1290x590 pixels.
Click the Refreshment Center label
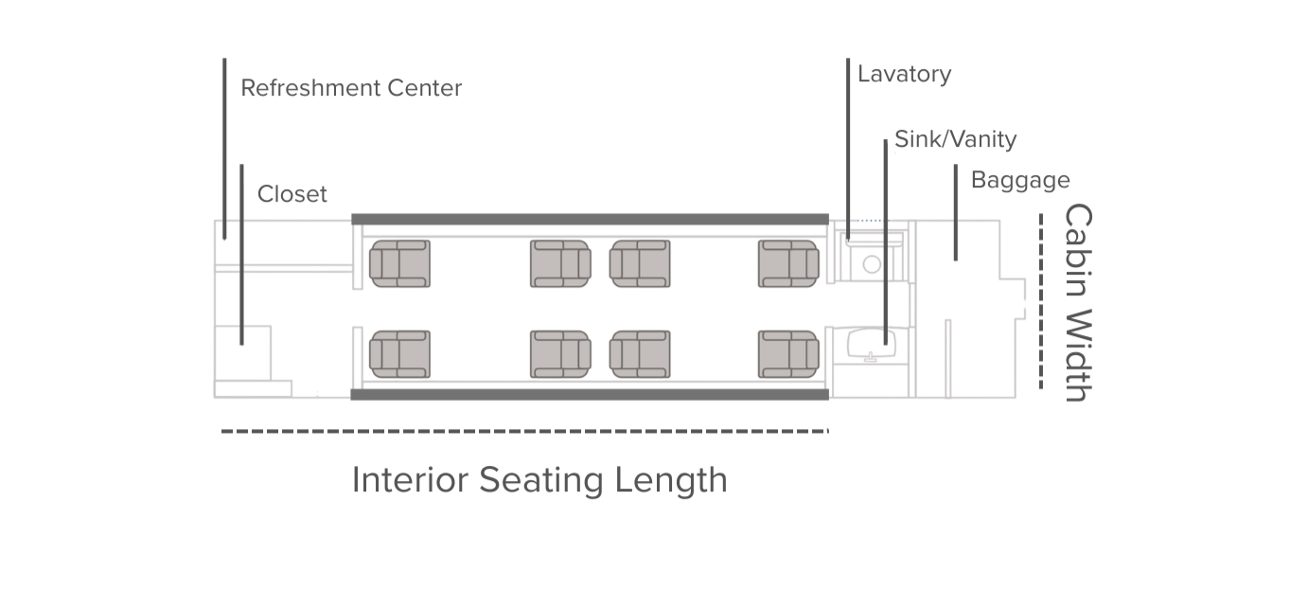point(351,88)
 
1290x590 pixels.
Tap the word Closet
point(292,194)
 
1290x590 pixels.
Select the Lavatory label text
point(904,74)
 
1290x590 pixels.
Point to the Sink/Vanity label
point(955,139)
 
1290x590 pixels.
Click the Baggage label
point(1020,180)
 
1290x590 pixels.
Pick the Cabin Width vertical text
point(1077,302)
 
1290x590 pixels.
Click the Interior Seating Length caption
point(539,479)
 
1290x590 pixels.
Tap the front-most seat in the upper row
point(399,263)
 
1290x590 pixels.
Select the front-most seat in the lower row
point(399,354)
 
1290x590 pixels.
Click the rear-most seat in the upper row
point(788,263)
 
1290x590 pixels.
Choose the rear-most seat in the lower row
point(788,354)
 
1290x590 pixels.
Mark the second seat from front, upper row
point(560,263)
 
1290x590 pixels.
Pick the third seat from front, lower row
point(640,354)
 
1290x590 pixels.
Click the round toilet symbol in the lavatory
point(872,264)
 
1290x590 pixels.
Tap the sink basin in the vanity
point(870,342)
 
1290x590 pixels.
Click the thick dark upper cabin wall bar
point(590,219)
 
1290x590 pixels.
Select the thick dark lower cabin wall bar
point(590,394)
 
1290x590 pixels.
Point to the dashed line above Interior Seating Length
point(524,432)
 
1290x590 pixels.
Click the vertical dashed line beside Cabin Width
point(1041,301)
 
